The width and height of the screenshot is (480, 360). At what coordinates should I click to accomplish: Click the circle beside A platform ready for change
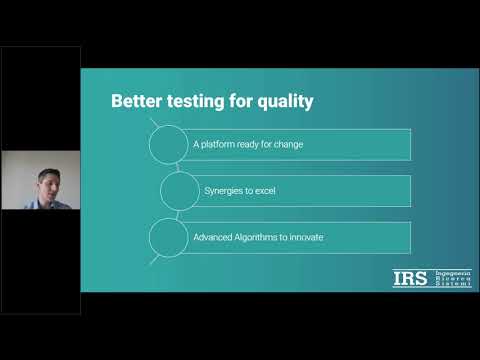(x=170, y=144)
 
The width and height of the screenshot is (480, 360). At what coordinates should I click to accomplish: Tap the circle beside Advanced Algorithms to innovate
(x=170, y=237)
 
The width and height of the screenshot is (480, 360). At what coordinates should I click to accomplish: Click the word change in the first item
(x=289, y=144)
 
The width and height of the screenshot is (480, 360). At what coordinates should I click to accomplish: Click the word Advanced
(x=215, y=236)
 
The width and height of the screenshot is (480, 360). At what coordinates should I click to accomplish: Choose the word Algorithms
(x=264, y=236)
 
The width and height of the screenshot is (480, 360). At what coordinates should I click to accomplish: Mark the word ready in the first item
(x=251, y=144)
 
